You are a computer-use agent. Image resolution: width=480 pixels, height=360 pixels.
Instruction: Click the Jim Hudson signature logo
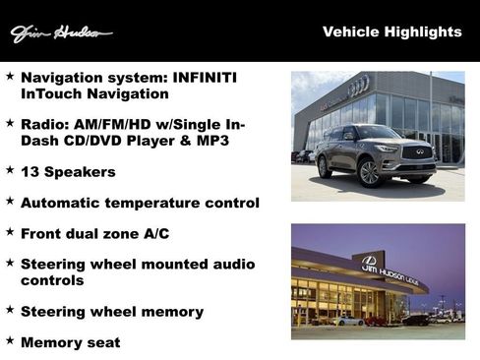point(60,33)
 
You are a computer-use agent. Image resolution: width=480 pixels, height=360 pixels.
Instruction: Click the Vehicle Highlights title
point(391,32)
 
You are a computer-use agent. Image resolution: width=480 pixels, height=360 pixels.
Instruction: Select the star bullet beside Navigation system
point(9,76)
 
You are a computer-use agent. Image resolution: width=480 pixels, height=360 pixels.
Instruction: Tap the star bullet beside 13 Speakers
point(9,171)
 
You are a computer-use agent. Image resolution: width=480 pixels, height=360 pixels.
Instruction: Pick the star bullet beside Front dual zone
point(9,232)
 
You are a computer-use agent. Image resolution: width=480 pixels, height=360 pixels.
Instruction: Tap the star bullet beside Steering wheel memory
point(9,310)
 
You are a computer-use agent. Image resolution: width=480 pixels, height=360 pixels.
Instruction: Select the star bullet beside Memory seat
point(9,341)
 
